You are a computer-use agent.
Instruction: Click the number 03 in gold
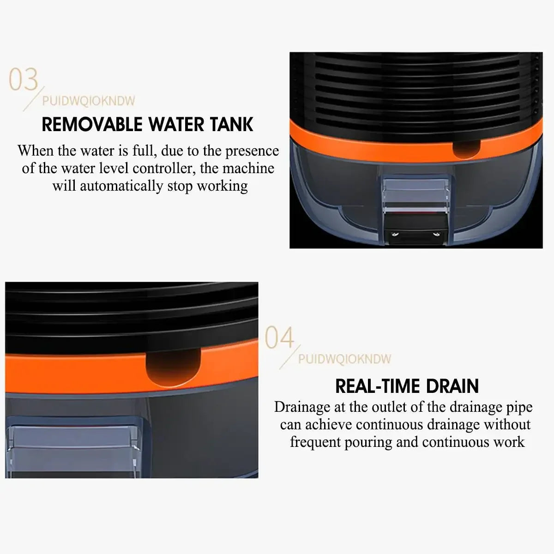(x=24, y=79)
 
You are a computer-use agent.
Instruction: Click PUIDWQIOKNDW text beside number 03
(x=89, y=101)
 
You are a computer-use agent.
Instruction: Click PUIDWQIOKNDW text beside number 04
(x=344, y=359)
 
